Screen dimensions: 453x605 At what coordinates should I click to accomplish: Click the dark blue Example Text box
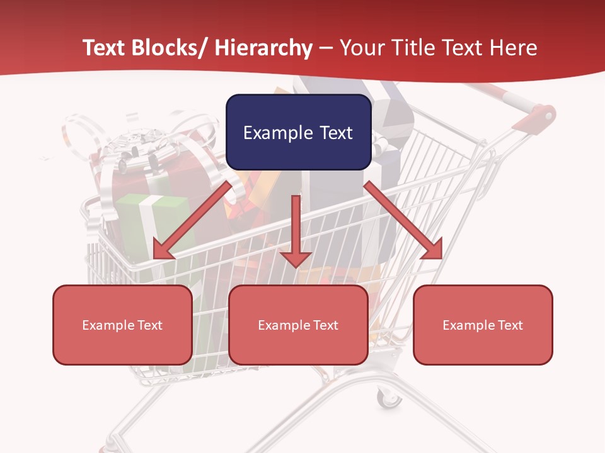coord(298,132)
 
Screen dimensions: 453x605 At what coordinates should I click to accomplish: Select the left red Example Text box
coord(122,325)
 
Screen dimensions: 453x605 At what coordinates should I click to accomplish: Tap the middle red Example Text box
coord(298,325)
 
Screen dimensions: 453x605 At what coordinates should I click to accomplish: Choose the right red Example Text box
coord(483,325)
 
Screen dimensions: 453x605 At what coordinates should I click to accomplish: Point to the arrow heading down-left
coord(193,220)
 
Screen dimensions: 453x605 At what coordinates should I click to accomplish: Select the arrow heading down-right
coord(403,220)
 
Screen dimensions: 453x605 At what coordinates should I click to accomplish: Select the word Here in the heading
coord(514,48)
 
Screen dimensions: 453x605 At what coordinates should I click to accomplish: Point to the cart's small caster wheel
coord(388,398)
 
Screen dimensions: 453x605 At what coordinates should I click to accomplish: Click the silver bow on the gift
coord(135,148)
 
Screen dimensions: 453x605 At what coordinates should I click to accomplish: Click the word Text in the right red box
coord(510,325)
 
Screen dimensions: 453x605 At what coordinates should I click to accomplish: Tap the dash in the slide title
coord(326,48)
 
